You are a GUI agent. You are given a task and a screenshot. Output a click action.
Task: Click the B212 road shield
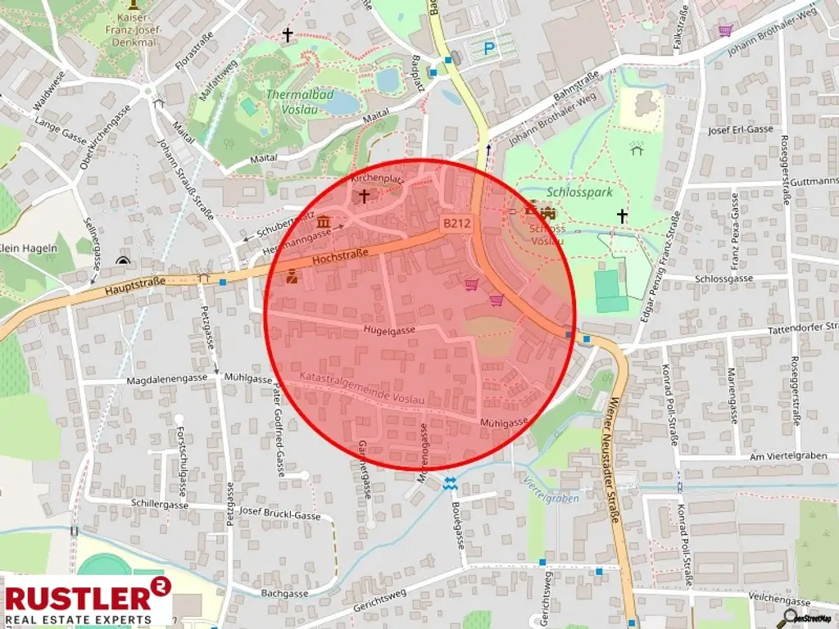pyautogui.click(x=456, y=223)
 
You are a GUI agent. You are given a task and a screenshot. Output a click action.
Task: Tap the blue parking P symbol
pyautogui.click(x=489, y=49)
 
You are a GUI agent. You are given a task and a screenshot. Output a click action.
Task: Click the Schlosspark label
pyautogui.click(x=580, y=192)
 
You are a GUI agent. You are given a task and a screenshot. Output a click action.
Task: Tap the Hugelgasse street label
pyautogui.click(x=390, y=329)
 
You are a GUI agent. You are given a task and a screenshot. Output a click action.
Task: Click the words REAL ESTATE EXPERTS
pyautogui.click(x=79, y=618)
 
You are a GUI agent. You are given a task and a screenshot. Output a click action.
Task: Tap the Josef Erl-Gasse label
pyautogui.click(x=741, y=129)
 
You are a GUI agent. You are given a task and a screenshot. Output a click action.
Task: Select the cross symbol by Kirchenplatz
pyautogui.click(x=364, y=197)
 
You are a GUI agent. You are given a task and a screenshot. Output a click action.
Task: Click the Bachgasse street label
pyautogui.click(x=283, y=593)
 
